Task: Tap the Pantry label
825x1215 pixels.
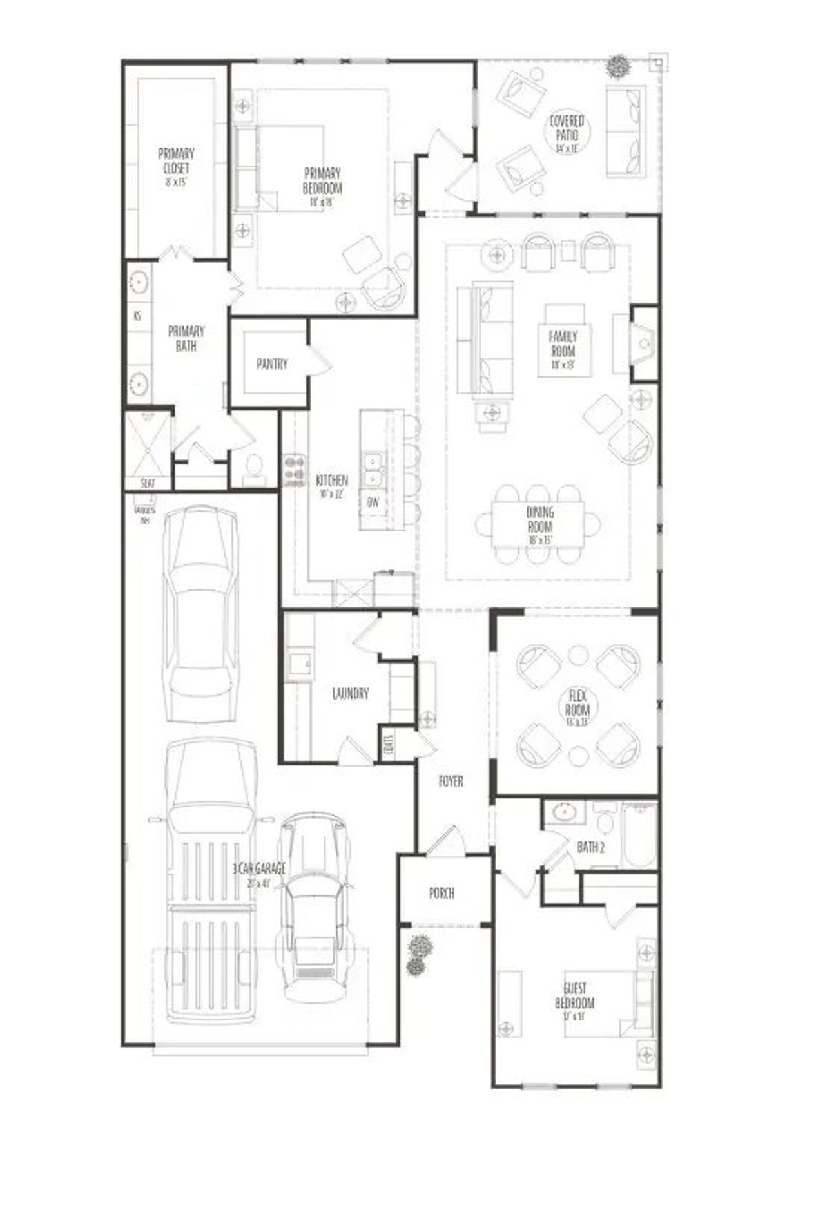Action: pyautogui.click(x=271, y=365)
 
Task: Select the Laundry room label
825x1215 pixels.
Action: pyautogui.click(x=351, y=694)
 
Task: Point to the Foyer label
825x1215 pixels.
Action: pyautogui.click(x=451, y=781)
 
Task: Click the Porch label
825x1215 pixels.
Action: pyautogui.click(x=442, y=894)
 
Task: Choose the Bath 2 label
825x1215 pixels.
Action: pyautogui.click(x=590, y=847)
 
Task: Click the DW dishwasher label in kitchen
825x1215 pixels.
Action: pyautogui.click(x=373, y=502)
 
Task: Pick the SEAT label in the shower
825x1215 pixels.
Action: pyautogui.click(x=148, y=483)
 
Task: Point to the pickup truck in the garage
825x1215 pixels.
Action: pyautogui.click(x=210, y=883)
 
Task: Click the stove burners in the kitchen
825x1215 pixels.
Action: pyautogui.click(x=294, y=469)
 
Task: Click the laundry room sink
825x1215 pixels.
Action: pyautogui.click(x=298, y=663)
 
